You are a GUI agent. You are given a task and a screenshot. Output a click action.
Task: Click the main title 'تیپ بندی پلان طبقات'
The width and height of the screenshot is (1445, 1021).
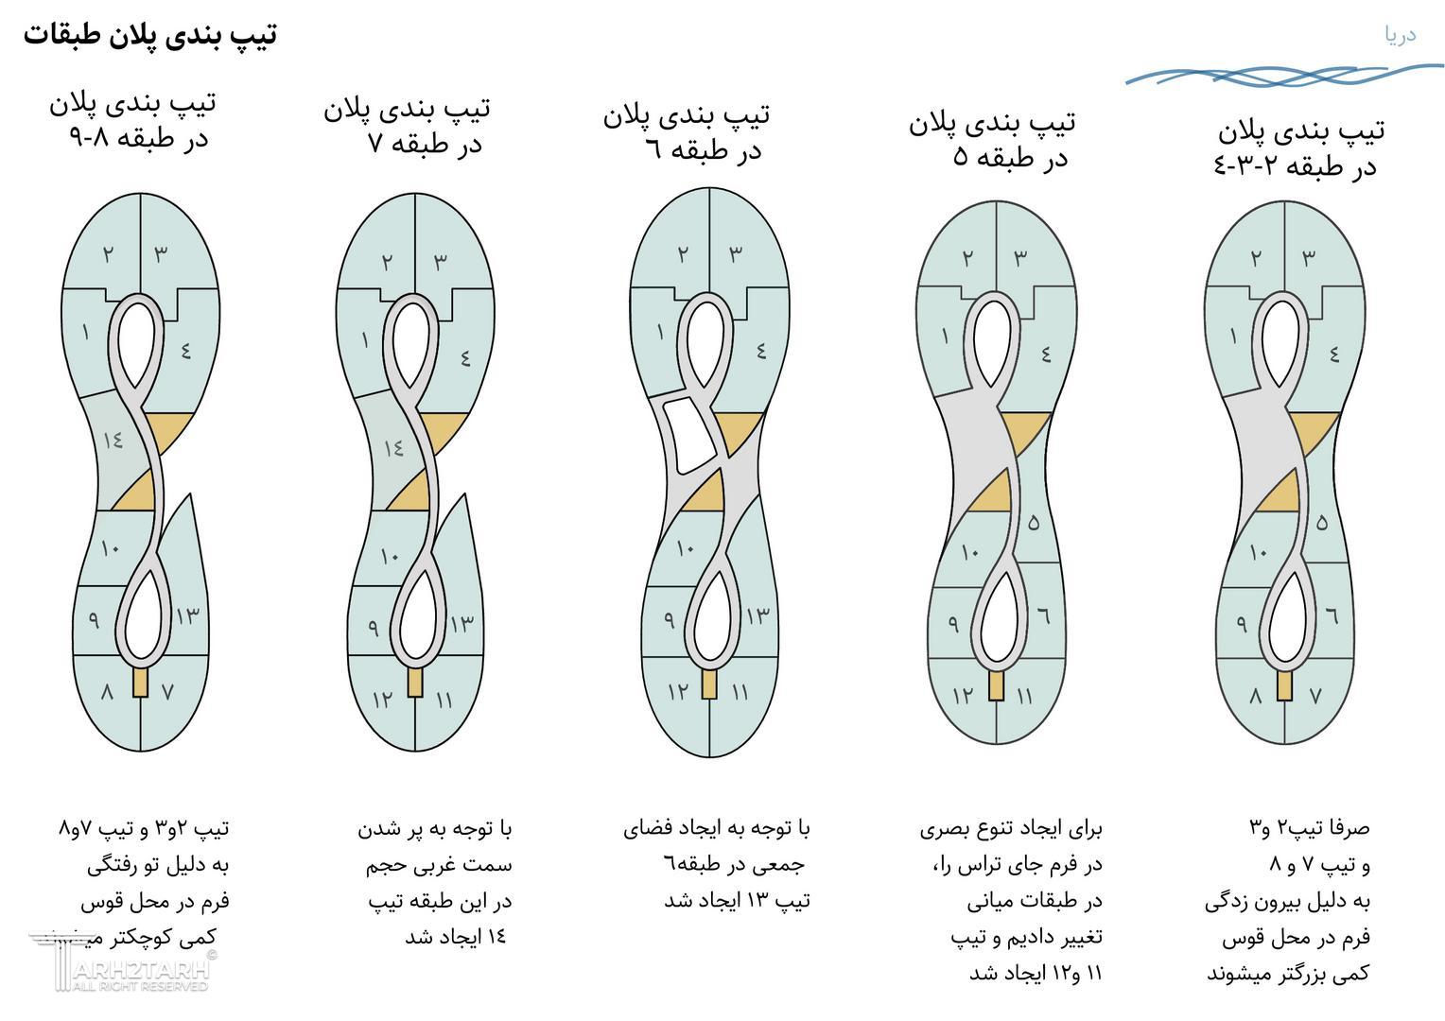[x=149, y=35]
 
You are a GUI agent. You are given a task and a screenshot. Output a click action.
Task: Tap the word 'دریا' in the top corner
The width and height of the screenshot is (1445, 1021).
[x=1400, y=35]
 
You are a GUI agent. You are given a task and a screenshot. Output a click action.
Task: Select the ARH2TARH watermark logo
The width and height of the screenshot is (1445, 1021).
[x=123, y=964]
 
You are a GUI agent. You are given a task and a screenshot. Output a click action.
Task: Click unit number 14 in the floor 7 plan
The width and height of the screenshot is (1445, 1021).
[x=392, y=447]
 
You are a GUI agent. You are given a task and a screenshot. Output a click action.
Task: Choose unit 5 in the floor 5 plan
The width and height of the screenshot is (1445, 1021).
[x=1033, y=521]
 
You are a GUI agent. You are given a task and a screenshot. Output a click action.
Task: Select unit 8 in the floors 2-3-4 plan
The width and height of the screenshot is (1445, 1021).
[x=1255, y=695]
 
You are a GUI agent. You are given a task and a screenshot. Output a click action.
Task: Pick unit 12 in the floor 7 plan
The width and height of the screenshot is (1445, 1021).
[x=382, y=700]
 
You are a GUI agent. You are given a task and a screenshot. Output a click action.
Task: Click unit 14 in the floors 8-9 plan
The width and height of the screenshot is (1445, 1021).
[x=113, y=440]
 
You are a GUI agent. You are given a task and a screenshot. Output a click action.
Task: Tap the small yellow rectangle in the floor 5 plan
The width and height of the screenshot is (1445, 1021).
[x=995, y=686]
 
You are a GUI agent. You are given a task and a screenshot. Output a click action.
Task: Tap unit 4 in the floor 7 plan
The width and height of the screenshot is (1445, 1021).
[x=465, y=358]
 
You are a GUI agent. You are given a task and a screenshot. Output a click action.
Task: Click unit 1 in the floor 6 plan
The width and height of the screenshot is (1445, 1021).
[x=659, y=333]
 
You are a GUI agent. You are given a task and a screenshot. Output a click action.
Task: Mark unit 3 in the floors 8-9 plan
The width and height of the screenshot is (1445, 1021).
[x=161, y=253]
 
